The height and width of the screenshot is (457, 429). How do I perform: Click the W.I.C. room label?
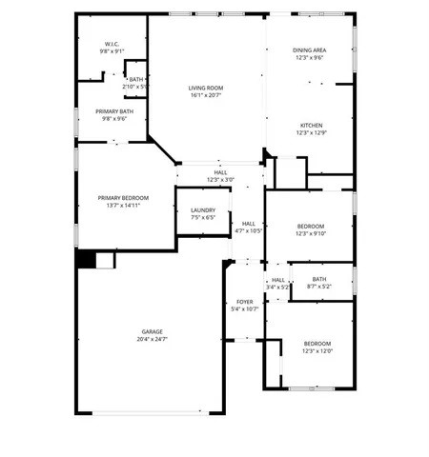[112, 45]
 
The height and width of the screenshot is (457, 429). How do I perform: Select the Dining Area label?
[312, 50]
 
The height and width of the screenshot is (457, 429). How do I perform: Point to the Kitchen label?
[312, 126]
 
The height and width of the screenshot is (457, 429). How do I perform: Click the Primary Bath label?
[112, 111]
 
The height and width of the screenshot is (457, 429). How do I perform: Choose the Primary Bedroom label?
[123, 198]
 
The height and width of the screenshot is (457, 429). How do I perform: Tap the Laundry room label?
[203, 210]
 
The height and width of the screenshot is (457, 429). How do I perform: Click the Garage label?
[153, 331]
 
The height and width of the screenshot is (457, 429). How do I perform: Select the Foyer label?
[245, 302]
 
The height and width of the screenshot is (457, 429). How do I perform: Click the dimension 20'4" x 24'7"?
[153, 339]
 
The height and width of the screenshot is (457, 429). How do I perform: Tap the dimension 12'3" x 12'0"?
[317, 350]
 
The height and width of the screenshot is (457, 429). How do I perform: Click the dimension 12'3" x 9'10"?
[312, 234]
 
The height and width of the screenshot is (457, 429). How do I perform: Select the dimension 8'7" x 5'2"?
[318, 287]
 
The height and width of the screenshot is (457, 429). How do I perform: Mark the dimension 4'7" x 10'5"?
[249, 230]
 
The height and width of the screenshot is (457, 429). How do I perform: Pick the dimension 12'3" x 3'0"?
[220, 180]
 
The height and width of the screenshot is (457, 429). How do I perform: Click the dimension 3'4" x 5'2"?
[278, 287]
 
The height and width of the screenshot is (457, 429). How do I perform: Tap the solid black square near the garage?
[86, 259]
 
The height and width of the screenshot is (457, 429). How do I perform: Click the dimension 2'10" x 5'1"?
[136, 87]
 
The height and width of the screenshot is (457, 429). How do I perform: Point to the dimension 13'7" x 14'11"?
[123, 206]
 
